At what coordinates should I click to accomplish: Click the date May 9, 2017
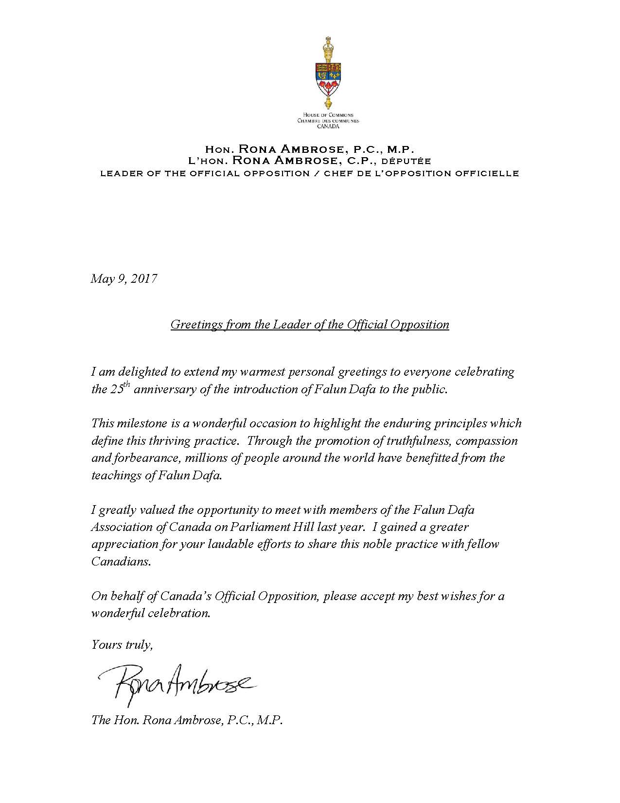click(124, 279)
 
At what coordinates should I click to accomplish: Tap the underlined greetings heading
click(310, 325)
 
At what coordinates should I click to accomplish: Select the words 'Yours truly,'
click(122, 645)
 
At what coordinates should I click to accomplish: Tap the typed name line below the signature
click(187, 720)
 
